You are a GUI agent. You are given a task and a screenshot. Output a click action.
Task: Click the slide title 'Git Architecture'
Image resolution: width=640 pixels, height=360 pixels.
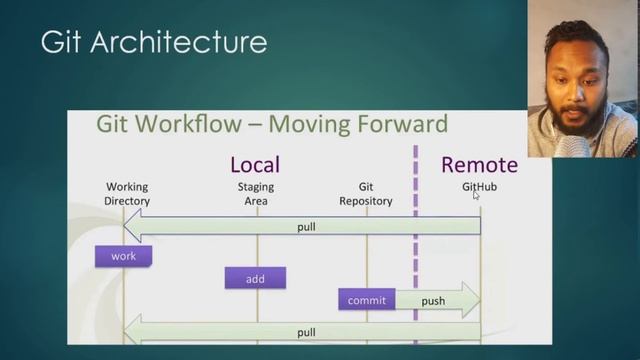[x=154, y=42]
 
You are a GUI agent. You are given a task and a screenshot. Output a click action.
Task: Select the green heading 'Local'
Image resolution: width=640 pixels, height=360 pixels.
[x=255, y=164]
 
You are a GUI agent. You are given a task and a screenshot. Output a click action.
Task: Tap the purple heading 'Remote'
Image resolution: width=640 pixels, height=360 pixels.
[x=479, y=164]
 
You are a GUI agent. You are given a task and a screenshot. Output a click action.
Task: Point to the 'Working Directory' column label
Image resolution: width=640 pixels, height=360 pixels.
[x=127, y=194]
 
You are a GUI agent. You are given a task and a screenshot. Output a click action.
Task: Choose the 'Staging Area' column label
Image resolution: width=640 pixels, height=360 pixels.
[x=255, y=194]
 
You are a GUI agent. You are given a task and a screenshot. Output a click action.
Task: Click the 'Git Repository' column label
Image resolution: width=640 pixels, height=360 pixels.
[x=365, y=194]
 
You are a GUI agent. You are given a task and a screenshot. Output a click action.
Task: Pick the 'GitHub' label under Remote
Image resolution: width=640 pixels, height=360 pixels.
[x=479, y=187]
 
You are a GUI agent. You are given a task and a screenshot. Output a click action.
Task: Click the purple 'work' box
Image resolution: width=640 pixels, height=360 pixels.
[x=123, y=256]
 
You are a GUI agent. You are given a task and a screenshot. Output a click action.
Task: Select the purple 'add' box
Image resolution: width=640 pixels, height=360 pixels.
[x=255, y=279]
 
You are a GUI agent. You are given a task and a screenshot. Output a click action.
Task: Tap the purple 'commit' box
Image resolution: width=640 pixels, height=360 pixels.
[x=366, y=300]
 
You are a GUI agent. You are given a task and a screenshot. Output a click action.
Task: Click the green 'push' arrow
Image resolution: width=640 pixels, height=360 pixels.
[x=436, y=300]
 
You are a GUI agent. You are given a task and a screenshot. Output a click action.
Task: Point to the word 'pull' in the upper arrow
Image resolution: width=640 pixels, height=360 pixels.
[x=306, y=227]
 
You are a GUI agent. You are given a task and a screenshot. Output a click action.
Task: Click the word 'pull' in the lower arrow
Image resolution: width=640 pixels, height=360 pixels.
[x=306, y=332]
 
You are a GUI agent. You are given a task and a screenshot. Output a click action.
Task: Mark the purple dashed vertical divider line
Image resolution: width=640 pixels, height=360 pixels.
[x=415, y=250]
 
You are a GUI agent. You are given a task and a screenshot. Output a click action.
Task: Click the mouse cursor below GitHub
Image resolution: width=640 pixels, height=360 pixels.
[x=476, y=196]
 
